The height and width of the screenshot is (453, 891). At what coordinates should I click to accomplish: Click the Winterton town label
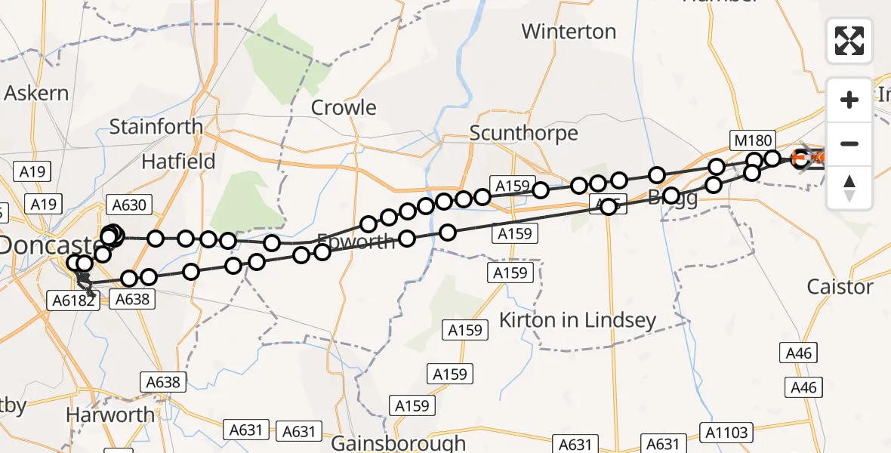tap(569, 32)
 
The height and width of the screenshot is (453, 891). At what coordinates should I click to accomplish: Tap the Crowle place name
tap(344, 107)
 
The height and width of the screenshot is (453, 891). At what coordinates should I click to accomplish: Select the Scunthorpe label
tap(523, 133)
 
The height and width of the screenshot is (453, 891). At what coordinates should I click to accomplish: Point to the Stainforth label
tap(156, 126)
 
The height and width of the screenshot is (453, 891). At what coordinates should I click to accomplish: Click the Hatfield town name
tap(179, 161)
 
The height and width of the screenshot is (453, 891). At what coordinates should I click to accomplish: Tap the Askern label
tap(36, 94)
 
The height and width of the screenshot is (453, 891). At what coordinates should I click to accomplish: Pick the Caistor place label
tap(840, 287)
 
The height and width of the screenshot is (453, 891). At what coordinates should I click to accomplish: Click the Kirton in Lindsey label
tap(578, 320)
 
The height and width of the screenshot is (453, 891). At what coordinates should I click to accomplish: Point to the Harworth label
tap(110, 414)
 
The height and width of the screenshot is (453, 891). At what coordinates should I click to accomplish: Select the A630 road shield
tap(131, 204)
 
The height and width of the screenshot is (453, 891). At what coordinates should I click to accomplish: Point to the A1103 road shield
tap(728, 433)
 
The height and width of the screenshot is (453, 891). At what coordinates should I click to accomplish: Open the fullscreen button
tap(849, 41)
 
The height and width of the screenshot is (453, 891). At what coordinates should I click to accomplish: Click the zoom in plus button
tap(849, 100)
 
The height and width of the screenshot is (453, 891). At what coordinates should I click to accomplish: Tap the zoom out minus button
tap(849, 143)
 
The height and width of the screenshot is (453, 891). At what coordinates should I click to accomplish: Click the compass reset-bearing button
tap(849, 187)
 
